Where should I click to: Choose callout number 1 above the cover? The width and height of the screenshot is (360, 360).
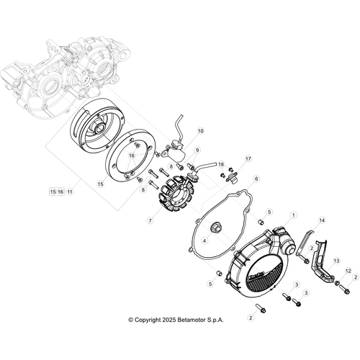point(294,215)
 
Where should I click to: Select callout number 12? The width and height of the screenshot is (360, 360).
point(348,271)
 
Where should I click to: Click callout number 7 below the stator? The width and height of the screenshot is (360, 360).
point(149,220)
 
